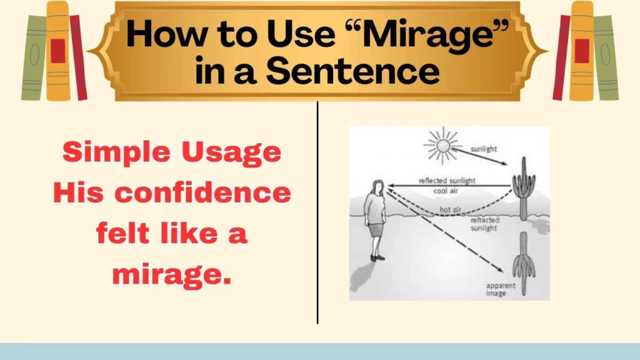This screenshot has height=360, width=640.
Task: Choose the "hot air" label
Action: pos(449,210)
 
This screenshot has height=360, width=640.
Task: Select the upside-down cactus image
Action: pos(523,262)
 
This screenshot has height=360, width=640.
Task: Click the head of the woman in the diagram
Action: pos(377,187)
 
